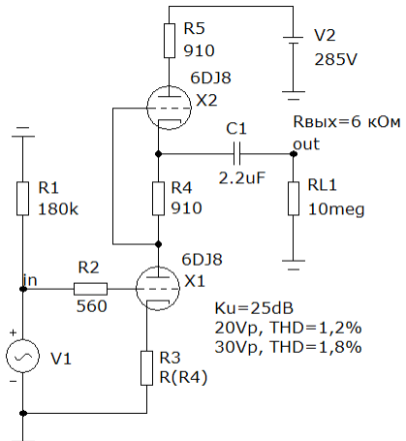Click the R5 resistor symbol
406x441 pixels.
coord(170,41)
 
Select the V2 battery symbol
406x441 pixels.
coord(294,41)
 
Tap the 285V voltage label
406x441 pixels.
coord(336,59)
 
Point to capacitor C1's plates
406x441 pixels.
coord(236,154)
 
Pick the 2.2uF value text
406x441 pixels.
coord(242,177)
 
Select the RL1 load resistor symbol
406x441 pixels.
coord(294,199)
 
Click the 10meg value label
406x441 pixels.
coord(336,209)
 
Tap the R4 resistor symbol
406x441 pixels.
coord(158,199)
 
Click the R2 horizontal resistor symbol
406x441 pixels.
coord(90,289)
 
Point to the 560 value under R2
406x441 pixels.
coord(91,306)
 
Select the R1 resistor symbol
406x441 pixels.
coord(22,199)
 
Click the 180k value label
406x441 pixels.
coord(58,209)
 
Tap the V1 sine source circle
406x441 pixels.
coord(22,356)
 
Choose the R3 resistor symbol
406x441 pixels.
coord(147,368)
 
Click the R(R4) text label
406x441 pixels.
coord(183,377)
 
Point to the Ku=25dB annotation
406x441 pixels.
coord(254,308)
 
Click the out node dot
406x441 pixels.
coord(294,154)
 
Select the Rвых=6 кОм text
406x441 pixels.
coord(347,122)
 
